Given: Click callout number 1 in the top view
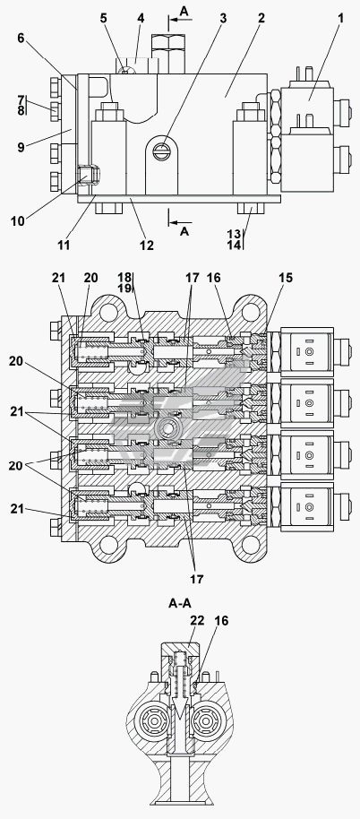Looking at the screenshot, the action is (x=340, y=18).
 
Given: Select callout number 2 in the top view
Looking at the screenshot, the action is (x=261, y=18).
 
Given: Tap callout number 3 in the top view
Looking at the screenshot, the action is (x=223, y=18).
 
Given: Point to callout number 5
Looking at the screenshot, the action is (x=103, y=18).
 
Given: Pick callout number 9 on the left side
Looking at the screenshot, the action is (x=21, y=147).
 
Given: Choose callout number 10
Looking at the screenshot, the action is (x=17, y=221).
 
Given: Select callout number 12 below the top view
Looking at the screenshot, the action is (x=147, y=245).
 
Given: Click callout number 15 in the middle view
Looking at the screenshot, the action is (x=285, y=278).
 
